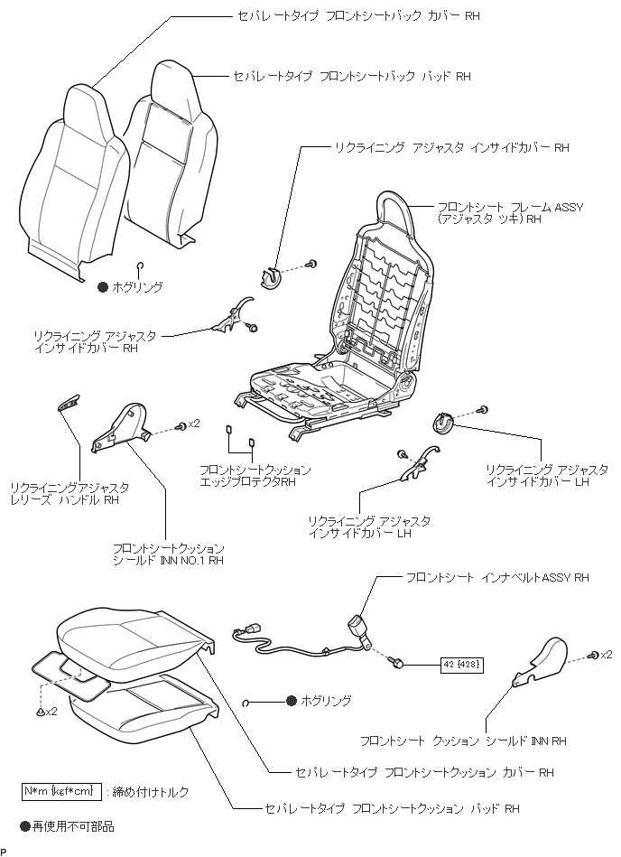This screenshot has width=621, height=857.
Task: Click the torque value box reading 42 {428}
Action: coord(462,665)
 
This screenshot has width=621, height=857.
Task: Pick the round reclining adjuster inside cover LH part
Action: coord(442,420)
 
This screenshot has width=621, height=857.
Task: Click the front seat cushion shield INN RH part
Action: coord(539,660)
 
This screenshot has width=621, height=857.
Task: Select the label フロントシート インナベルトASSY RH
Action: coord(496,577)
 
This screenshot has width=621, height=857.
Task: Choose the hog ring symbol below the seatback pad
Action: coord(141,265)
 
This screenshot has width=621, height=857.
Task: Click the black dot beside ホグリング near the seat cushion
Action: coord(292,701)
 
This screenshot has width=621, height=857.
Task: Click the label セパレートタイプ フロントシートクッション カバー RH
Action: coord(424,773)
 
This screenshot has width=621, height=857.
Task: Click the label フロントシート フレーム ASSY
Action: coord(509,207)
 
